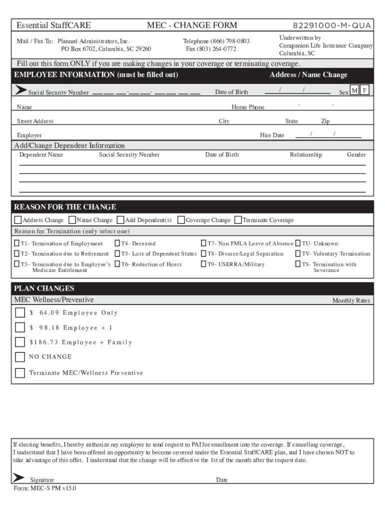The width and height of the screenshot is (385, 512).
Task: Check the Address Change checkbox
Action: [x=18, y=220]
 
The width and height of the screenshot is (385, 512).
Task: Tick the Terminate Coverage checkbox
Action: [x=238, y=220]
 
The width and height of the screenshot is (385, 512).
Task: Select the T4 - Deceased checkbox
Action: [x=117, y=243]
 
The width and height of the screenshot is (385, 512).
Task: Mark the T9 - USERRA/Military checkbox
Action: [x=204, y=264]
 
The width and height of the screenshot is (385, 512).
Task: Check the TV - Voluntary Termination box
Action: [x=298, y=253]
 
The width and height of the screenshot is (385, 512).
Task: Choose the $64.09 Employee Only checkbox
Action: [x=20, y=313]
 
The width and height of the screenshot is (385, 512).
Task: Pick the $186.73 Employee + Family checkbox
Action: [x=20, y=342]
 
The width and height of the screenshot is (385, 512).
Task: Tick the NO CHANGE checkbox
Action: [x=20, y=357]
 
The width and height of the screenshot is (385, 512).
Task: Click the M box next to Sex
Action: [x=354, y=90]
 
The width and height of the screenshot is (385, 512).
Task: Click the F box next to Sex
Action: [x=365, y=90]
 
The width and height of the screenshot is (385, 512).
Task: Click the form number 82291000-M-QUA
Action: [x=332, y=25]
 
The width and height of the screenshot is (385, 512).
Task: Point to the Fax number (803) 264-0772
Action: [x=211, y=49]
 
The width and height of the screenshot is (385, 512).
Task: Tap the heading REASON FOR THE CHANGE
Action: [x=65, y=207]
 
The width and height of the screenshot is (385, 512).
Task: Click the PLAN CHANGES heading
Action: [x=44, y=288]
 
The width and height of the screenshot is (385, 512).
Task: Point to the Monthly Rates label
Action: [x=351, y=301]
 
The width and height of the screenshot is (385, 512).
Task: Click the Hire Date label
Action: [x=272, y=135]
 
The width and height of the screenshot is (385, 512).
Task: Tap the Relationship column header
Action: [x=306, y=155]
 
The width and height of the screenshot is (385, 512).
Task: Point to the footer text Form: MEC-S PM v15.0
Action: [x=45, y=488]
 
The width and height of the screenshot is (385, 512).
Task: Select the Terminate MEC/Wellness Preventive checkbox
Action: [x=20, y=372]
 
